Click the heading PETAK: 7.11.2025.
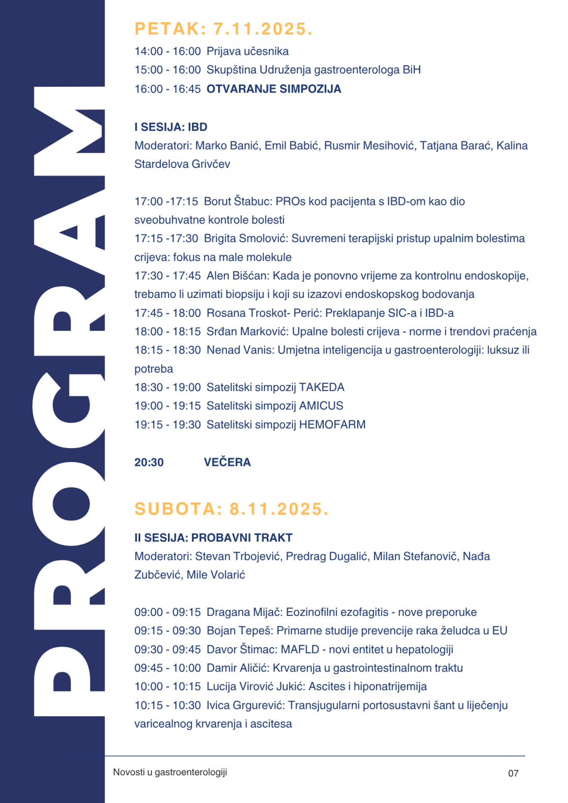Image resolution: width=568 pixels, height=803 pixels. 223,29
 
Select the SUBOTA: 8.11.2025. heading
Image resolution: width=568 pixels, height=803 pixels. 232,509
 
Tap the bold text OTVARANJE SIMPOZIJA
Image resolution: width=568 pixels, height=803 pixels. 274,89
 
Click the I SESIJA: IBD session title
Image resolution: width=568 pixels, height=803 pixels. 171,127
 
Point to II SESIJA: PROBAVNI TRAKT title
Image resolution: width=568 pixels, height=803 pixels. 213,537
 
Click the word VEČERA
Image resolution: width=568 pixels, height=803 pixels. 227,462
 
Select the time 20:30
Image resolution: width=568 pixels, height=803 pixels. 149,462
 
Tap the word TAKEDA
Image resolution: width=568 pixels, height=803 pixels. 322,387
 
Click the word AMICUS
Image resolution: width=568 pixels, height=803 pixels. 321,406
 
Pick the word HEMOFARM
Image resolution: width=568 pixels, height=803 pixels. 332,425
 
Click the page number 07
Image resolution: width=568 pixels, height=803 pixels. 513,773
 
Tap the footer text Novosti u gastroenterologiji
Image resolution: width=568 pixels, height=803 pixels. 170,772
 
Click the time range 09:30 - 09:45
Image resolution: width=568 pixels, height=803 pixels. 167,649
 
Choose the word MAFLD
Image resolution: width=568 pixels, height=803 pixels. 300,649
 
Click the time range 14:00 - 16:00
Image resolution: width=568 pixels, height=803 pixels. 167,51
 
